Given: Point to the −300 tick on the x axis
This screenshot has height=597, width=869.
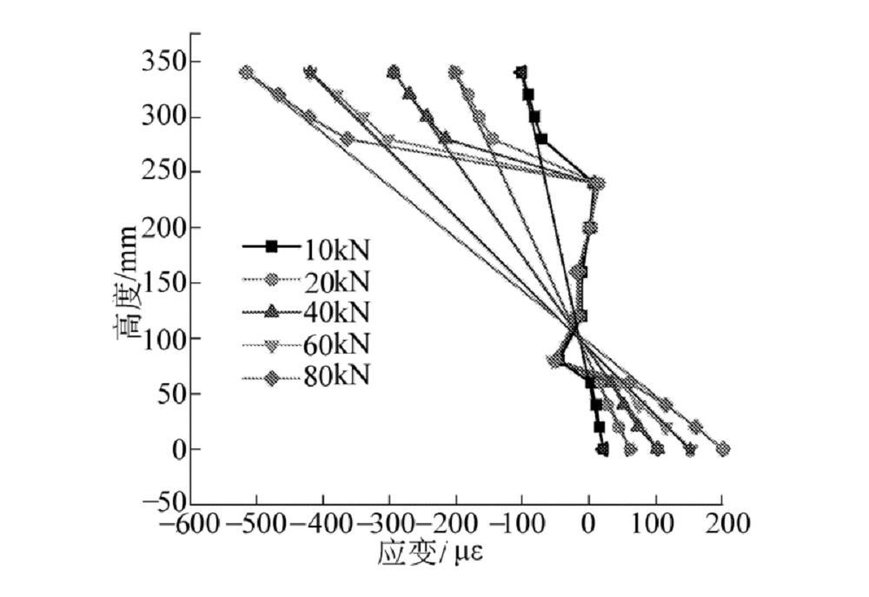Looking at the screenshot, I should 388,526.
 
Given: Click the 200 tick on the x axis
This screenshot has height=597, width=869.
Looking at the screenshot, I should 722,526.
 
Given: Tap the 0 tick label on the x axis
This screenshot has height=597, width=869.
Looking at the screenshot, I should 589,526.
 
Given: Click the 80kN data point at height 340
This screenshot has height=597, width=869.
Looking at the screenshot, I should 247,73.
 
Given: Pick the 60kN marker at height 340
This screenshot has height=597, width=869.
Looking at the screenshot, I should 310,73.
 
